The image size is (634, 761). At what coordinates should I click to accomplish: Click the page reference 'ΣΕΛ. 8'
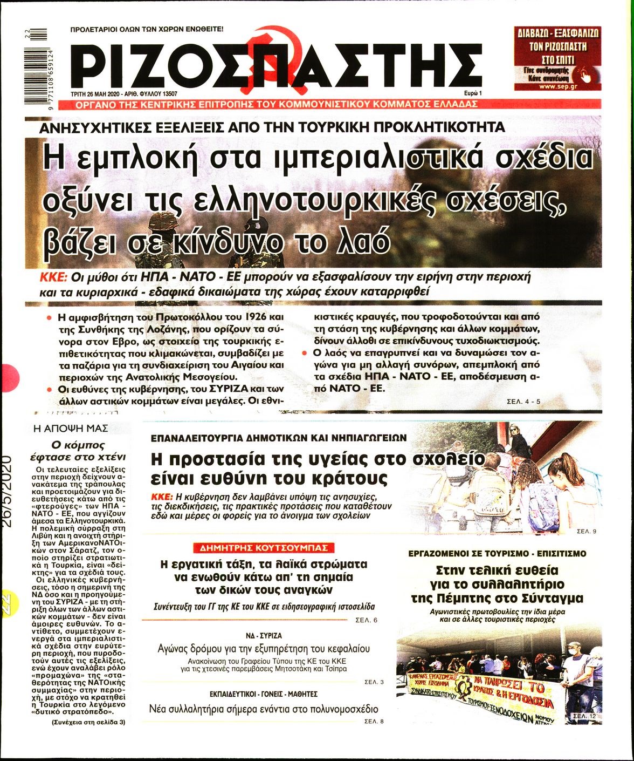374,721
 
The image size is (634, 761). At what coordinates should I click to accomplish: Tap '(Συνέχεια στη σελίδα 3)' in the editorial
88,722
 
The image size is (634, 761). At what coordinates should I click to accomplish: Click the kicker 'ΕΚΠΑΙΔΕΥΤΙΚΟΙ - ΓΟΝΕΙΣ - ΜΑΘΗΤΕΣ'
263,694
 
